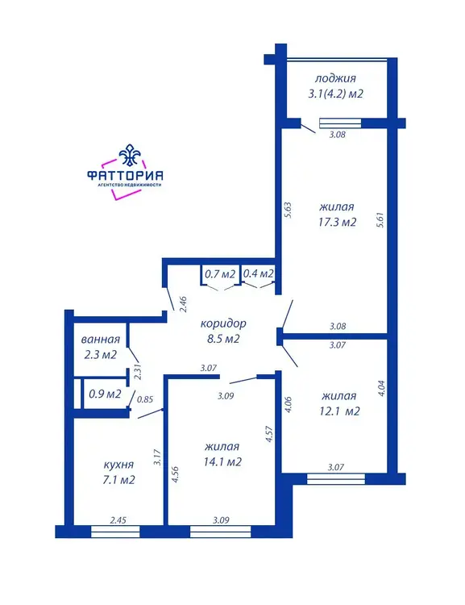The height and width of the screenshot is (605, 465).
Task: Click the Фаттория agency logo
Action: pos(125,172)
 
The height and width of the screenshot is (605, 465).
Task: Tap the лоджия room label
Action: pos(335,79)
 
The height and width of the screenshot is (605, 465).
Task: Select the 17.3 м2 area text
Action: pos(338,223)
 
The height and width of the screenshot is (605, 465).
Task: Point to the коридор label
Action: pos(223,323)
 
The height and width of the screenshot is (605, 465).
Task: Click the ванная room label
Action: pos(101,340)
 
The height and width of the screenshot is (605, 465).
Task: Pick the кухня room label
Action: pos(118,465)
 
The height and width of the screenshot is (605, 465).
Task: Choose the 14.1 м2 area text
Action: pos(223,462)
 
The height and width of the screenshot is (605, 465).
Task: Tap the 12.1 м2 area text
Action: pos(339,411)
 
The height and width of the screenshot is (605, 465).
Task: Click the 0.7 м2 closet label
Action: pos(220,274)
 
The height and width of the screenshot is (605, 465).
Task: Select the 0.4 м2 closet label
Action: pos(259,273)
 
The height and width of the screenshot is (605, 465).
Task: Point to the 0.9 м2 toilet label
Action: pos(105,394)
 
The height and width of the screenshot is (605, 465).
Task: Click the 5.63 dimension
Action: pos(288,211)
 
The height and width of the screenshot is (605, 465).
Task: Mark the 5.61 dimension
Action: pos(380,220)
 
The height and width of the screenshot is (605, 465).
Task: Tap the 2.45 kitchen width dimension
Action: pos(118,520)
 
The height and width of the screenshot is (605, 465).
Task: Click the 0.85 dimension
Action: pos(145,400)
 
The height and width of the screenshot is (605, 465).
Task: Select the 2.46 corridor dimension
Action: pos(183,304)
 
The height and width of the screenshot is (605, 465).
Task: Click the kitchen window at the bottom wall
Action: pos(115,532)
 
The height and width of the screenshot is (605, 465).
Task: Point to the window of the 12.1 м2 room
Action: pos(336,479)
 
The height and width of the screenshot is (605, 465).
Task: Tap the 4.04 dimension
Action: pos(380,388)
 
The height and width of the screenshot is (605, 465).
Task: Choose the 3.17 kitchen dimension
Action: pos(157,457)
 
